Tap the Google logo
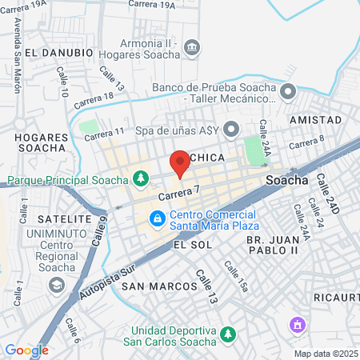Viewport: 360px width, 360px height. (26, 350)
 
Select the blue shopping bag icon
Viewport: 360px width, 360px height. (158, 218)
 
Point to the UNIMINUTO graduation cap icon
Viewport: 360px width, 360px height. (56, 284)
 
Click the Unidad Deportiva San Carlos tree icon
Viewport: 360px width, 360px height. (229, 333)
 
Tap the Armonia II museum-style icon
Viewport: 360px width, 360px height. (192, 49)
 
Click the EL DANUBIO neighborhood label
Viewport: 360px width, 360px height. (54, 53)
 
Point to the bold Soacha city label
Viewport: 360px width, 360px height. (286, 180)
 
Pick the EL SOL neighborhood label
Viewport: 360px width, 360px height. (192, 245)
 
